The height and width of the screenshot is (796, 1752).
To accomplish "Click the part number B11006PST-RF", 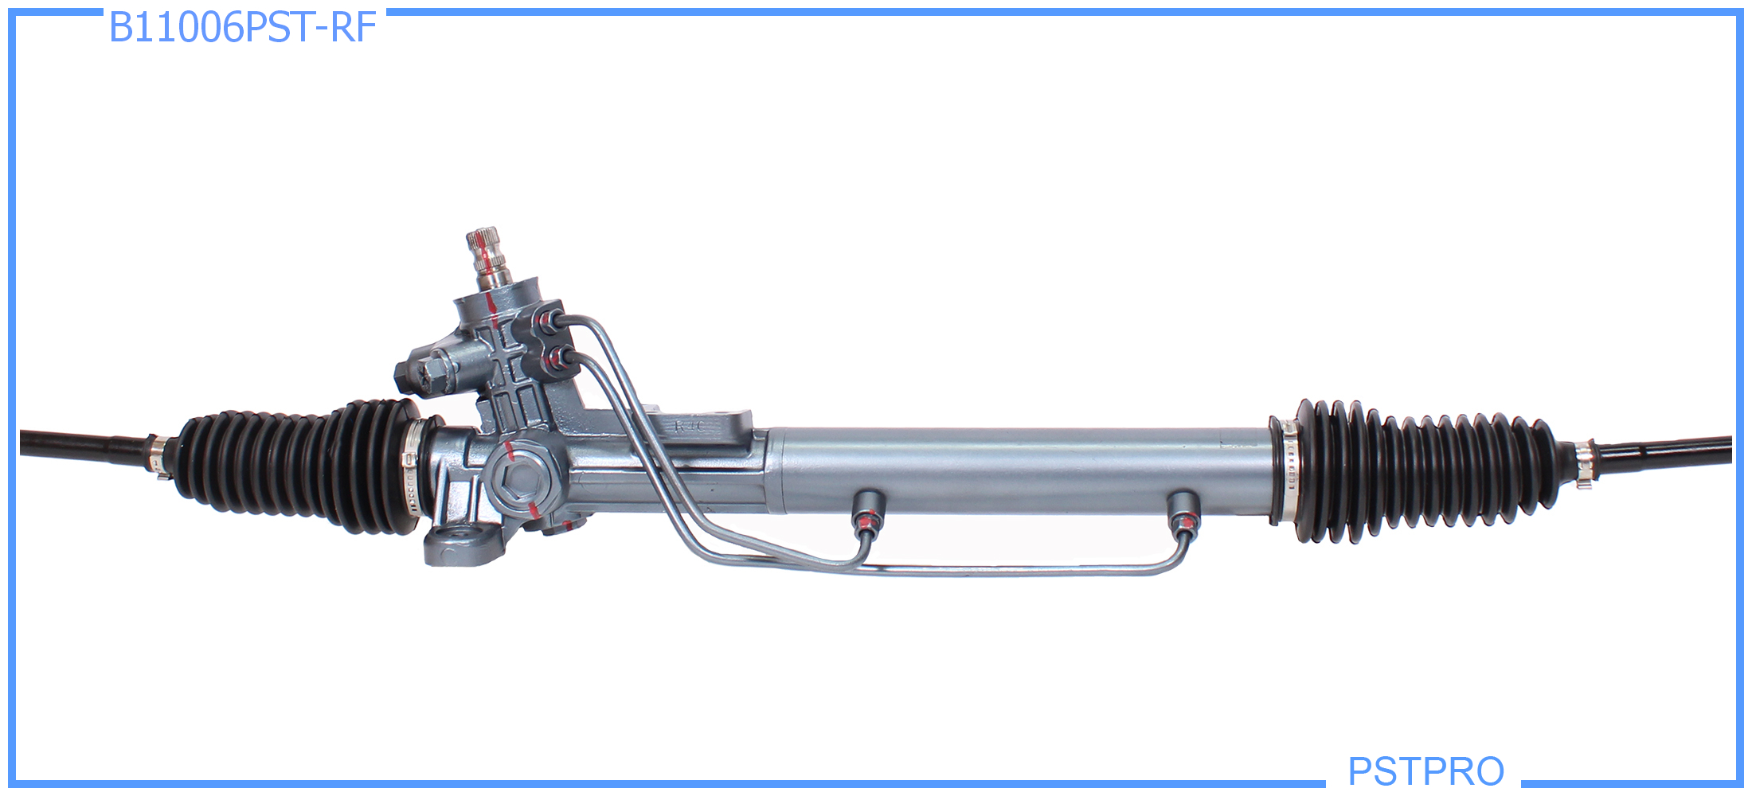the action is point(242,28).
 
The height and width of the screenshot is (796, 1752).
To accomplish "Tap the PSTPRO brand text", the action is point(1425,771).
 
